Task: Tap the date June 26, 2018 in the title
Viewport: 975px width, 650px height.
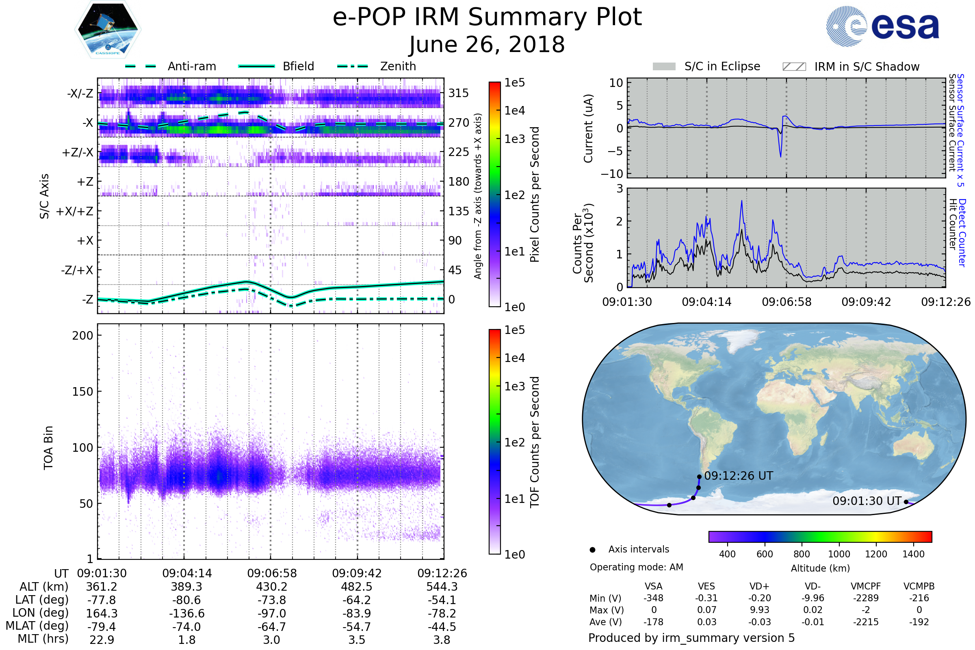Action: point(487,44)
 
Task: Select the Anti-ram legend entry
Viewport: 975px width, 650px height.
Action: point(191,66)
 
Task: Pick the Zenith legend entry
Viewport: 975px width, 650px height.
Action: point(398,66)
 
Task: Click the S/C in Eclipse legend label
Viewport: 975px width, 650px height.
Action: point(722,66)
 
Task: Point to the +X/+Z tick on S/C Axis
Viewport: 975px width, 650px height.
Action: point(75,211)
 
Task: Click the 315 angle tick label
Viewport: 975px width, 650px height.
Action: point(458,93)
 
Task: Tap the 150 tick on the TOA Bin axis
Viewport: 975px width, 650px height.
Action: point(82,391)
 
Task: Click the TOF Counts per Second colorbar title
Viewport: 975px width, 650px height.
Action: point(535,442)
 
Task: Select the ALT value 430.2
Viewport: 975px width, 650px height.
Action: point(271,587)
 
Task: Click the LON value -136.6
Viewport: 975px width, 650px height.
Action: point(186,613)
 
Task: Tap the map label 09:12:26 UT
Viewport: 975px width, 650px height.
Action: point(738,475)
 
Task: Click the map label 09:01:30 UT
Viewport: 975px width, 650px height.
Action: point(867,501)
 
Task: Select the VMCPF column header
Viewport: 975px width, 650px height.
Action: point(866,586)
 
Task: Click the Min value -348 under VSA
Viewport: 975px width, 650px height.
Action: point(653,598)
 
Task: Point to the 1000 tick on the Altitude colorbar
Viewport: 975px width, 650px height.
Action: point(838,554)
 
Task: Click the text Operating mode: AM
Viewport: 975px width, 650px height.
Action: point(636,567)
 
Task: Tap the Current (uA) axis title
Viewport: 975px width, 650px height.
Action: point(588,128)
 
